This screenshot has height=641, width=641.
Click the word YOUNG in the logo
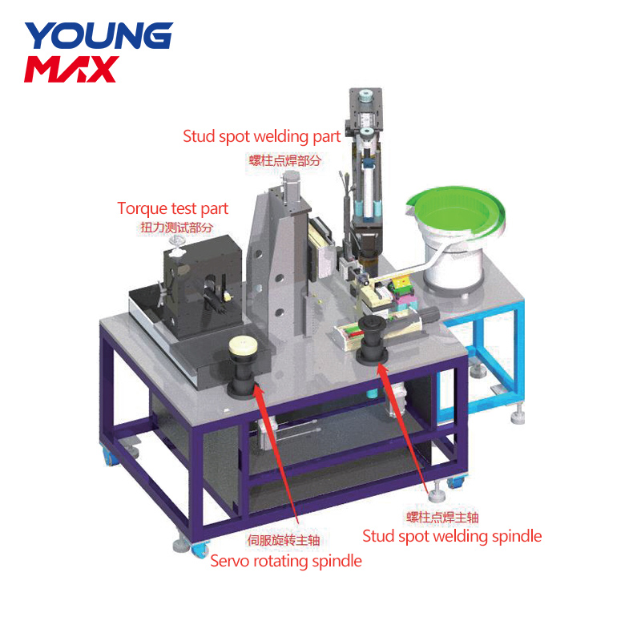click(x=99, y=35)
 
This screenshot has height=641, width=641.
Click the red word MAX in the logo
click(x=71, y=69)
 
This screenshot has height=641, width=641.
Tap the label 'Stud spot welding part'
click(x=262, y=137)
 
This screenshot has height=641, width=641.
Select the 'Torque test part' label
click(x=172, y=209)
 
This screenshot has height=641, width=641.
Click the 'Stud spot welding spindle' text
click(x=452, y=536)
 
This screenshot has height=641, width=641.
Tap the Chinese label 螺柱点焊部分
click(x=285, y=160)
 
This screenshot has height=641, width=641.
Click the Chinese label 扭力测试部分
click(x=176, y=228)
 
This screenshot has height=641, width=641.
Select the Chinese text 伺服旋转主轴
click(x=284, y=540)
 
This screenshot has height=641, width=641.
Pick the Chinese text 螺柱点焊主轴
click(x=442, y=517)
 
